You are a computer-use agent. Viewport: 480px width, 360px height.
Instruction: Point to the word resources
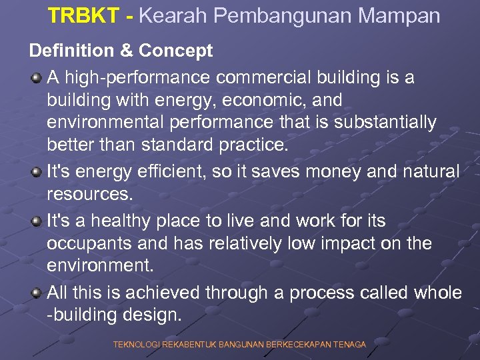click(x=89, y=194)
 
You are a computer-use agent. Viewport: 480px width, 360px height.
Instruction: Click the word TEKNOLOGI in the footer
click(x=136, y=344)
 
